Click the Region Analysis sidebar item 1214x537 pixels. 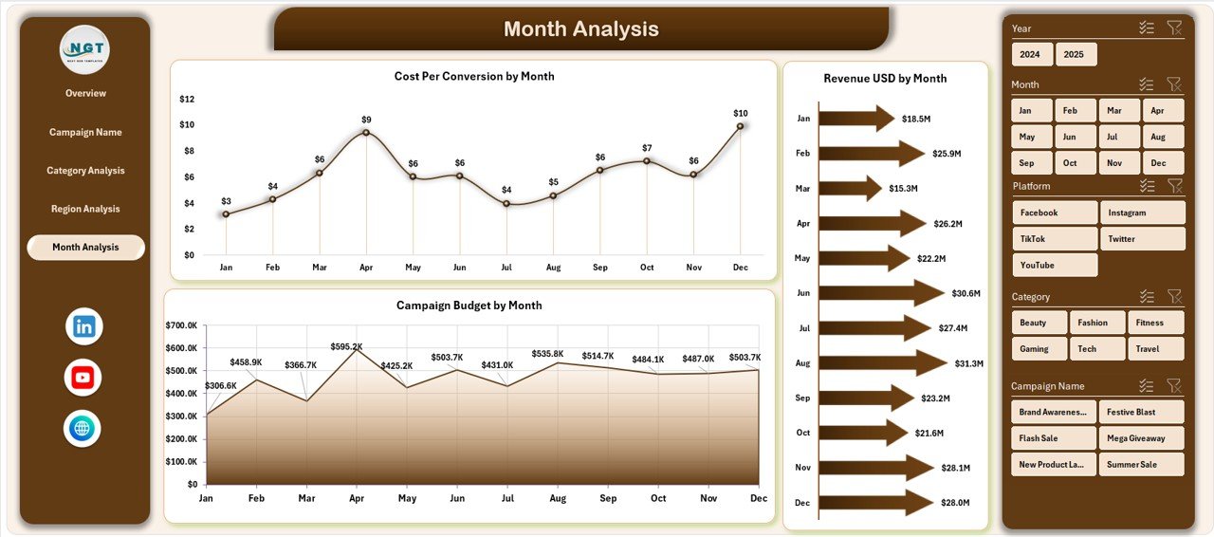(x=85, y=209)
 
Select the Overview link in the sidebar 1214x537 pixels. (x=85, y=93)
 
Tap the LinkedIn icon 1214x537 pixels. (x=83, y=326)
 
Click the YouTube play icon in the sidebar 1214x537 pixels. (x=83, y=378)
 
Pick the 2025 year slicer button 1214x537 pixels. (x=1076, y=54)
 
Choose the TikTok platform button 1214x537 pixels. (x=1055, y=239)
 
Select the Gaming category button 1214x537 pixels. (x=1039, y=348)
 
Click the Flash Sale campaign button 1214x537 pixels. (x=1054, y=438)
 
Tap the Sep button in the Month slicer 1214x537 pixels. (x=1031, y=162)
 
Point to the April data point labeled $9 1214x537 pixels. (x=366, y=132)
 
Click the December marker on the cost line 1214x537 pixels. (x=741, y=126)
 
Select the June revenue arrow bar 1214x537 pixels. (x=881, y=293)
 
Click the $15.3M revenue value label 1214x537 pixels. (x=903, y=188)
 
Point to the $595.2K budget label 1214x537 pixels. (x=346, y=346)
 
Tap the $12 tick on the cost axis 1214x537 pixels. (x=187, y=99)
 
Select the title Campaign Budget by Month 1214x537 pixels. (x=469, y=306)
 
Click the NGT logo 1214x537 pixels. (x=84, y=49)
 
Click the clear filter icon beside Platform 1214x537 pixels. (x=1174, y=186)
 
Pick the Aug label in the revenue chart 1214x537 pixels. (x=802, y=362)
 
